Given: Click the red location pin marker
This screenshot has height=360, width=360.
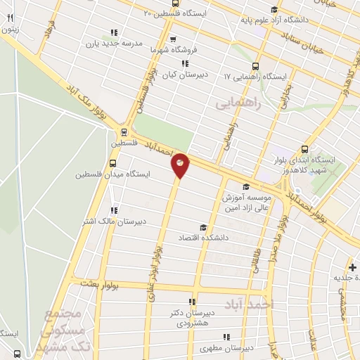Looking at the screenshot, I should tap(180, 165).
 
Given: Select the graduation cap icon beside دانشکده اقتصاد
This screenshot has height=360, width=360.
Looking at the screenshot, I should tap(203, 227).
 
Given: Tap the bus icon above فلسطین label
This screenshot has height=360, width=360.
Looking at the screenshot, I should tap(124, 131).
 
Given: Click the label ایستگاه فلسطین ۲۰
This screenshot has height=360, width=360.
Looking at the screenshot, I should tap(172, 13).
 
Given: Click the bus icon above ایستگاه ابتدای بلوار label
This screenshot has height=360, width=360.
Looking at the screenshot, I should tap(304, 149).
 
